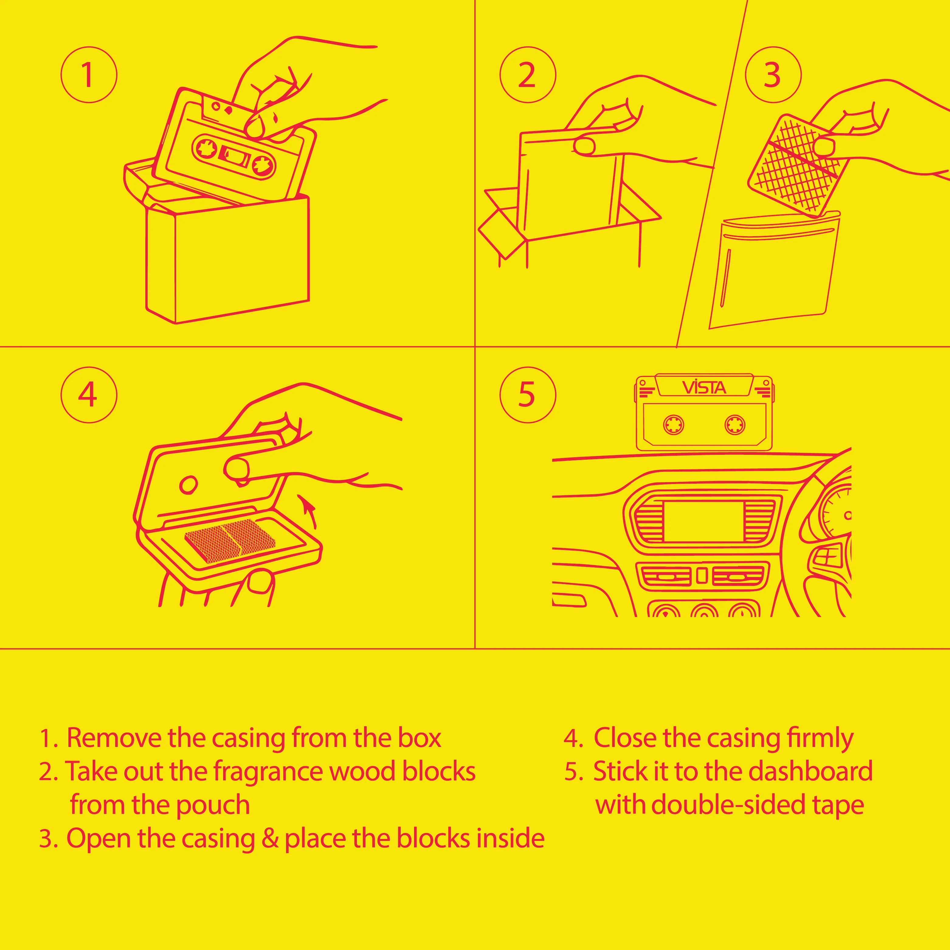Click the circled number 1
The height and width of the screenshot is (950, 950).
coord(89,75)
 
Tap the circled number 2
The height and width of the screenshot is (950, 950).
coord(528,75)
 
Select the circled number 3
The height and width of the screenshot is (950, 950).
coord(773,75)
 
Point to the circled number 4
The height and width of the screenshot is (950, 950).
coord(89,395)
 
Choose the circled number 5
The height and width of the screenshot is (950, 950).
coord(528,395)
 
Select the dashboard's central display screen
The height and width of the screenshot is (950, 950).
coord(704,522)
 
